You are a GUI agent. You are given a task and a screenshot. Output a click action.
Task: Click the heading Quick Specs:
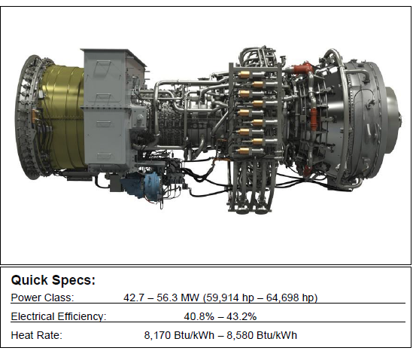click(53, 280)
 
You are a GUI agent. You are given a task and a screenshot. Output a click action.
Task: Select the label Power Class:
click(42, 297)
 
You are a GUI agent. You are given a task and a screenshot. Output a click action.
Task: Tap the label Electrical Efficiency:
click(59, 316)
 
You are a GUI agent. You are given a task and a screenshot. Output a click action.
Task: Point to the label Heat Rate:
click(37, 335)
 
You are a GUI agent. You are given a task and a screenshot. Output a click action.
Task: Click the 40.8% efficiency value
click(199, 316)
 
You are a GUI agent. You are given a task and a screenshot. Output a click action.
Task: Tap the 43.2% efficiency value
click(241, 316)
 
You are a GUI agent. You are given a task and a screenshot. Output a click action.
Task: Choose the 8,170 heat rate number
click(157, 335)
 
